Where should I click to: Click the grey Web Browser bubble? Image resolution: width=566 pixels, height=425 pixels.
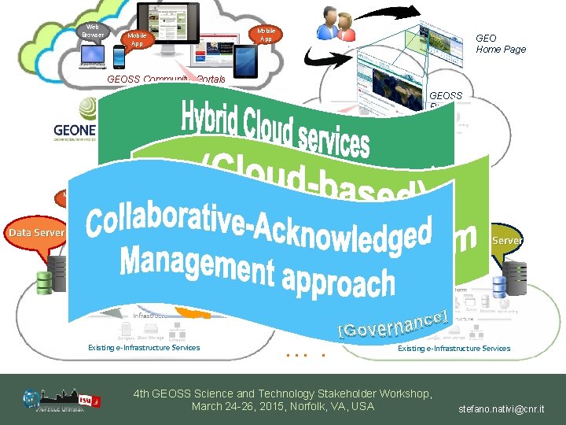[x=92, y=32]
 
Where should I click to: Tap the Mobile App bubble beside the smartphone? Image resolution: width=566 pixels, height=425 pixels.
[x=137, y=39]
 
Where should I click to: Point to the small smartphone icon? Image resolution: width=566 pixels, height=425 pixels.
[x=119, y=56]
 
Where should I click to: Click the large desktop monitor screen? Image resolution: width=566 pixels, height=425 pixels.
[x=169, y=24]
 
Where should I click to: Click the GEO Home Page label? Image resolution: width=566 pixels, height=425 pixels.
[x=500, y=43]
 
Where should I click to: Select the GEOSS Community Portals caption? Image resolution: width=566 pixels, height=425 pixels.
[x=166, y=79]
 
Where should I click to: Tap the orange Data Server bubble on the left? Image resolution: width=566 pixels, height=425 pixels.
[x=36, y=233]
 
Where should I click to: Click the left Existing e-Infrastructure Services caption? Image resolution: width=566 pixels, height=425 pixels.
[x=144, y=348]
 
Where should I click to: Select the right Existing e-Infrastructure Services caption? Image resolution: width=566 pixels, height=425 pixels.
[x=454, y=348]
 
